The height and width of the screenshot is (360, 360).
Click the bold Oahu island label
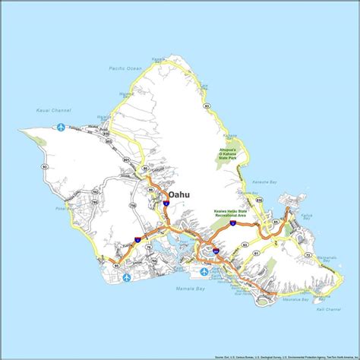pos(179,195)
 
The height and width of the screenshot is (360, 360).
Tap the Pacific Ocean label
pos(125,69)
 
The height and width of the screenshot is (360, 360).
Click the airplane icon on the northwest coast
pos(61,128)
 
